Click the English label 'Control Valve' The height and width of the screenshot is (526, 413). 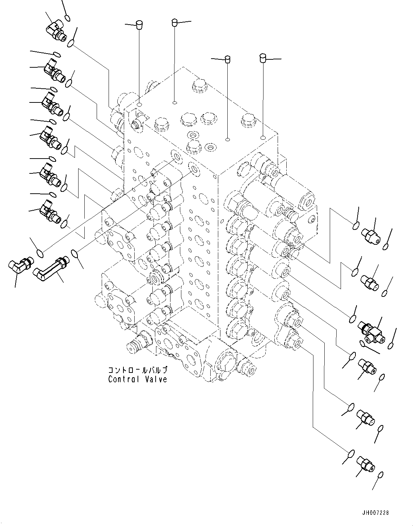(x=138, y=379)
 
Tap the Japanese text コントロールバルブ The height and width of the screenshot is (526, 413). (x=138, y=370)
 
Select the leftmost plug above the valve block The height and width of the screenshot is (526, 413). (x=138, y=25)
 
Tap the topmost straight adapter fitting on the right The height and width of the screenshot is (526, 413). (x=371, y=236)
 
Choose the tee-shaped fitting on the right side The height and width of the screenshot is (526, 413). (x=374, y=333)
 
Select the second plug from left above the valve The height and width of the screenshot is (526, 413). (x=174, y=22)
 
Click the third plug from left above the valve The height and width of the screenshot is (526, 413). (x=228, y=59)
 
